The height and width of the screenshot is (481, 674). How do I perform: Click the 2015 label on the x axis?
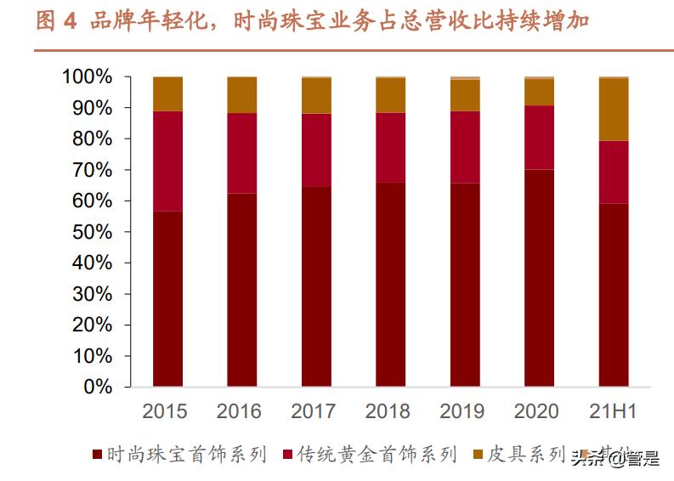tap(164, 412)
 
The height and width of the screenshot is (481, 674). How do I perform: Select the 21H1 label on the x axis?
tap(613, 412)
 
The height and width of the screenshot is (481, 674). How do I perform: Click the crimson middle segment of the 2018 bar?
tap(391, 147)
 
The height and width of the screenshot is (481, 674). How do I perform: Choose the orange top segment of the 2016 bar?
tap(241, 94)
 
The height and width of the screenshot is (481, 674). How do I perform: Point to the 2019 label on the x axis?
tap(463, 412)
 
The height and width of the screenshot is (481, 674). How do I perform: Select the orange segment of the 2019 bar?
tap(465, 94)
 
